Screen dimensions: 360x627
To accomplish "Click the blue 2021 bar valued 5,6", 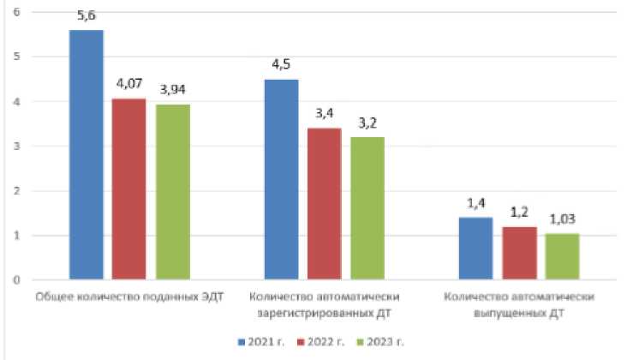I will coord(86,154).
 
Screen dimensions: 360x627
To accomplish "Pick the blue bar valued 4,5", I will coord(281,179).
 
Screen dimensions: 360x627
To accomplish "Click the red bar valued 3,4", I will coord(323,204).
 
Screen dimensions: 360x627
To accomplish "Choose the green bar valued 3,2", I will coord(367,208).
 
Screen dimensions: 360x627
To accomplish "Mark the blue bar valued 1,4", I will coord(475,249).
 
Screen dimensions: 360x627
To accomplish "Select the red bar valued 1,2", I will coord(518,253).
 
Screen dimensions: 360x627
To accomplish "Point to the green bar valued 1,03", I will coord(561,256).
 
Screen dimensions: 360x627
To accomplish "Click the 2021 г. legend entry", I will coord(261,341).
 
